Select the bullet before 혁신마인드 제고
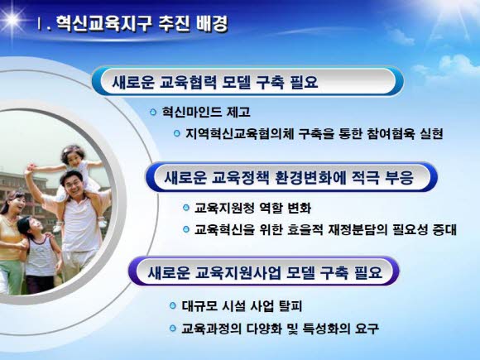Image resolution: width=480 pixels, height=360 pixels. [x=153, y=112]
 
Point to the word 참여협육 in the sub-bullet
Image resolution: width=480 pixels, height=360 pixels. [x=390, y=133]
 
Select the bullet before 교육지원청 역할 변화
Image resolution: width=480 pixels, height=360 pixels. [x=186, y=208]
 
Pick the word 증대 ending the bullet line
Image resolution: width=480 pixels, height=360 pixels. [x=444, y=229]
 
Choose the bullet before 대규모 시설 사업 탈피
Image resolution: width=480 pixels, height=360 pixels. [x=173, y=305]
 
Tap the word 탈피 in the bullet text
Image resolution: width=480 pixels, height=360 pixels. [x=290, y=306]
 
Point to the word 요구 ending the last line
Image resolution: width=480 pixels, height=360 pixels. [x=367, y=329]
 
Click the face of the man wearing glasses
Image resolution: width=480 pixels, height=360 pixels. [x=73, y=185]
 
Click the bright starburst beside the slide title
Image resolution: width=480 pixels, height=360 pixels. [x=12, y=20]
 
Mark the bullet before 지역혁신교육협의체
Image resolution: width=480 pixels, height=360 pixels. [x=176, y=133]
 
